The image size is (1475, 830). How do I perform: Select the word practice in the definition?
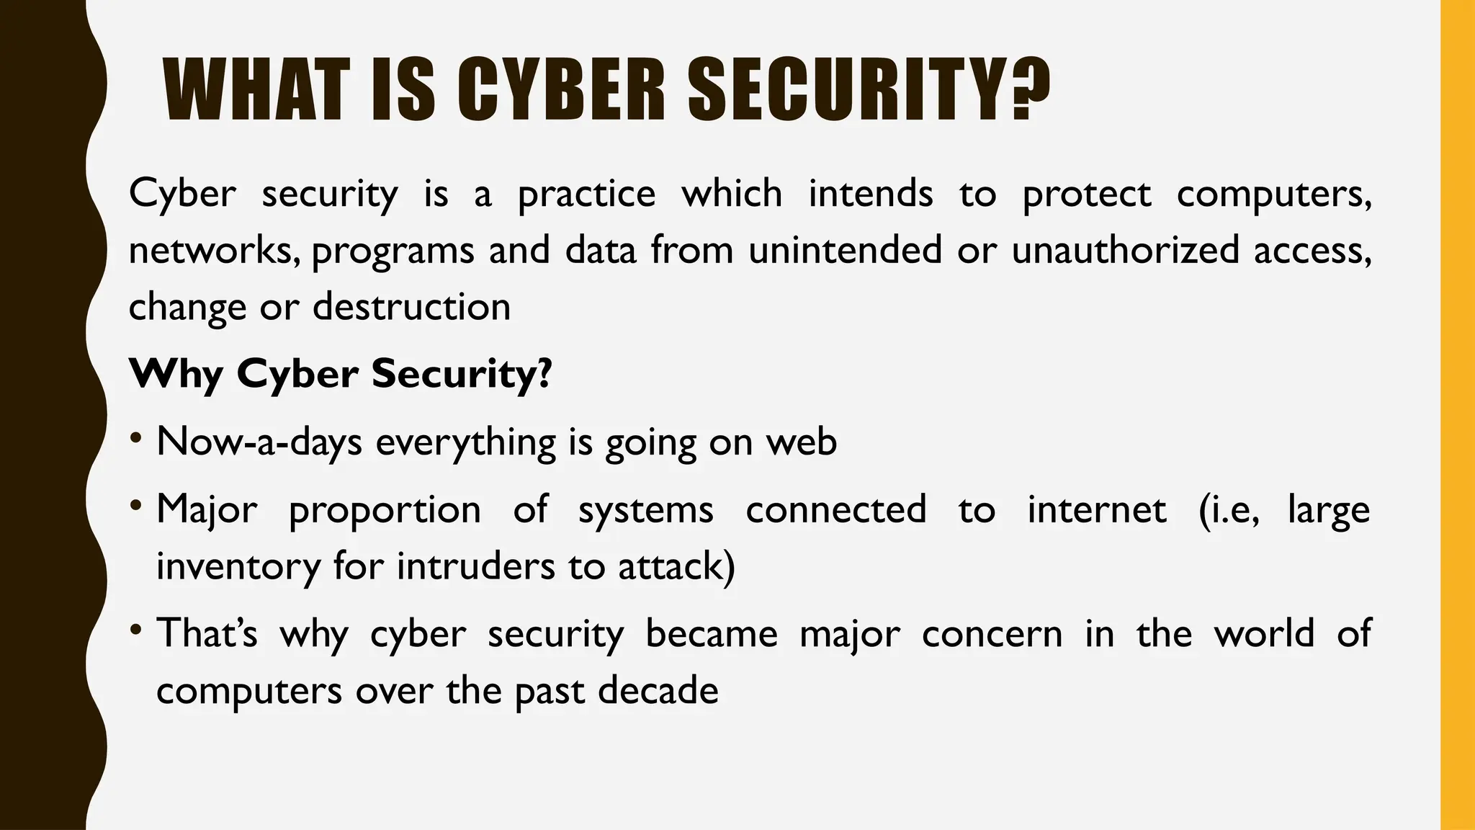[x=586, y=195]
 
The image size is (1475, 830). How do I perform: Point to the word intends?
[x=870, y=194]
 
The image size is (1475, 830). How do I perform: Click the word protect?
[x=1087, y=195]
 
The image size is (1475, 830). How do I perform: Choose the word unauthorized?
[x=1124, y=250]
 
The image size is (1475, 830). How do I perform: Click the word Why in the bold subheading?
[x=174, y=375]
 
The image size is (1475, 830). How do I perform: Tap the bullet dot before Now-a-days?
[x=136, y=437]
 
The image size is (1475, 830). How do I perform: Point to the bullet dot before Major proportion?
[x=136, y=505]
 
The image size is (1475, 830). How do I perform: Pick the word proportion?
[x=385, y=511]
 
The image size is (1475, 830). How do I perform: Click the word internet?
[x=1096, y=509]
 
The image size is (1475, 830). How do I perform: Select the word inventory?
[x=238, y=567]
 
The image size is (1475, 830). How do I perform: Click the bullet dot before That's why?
[x=136, y=629]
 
